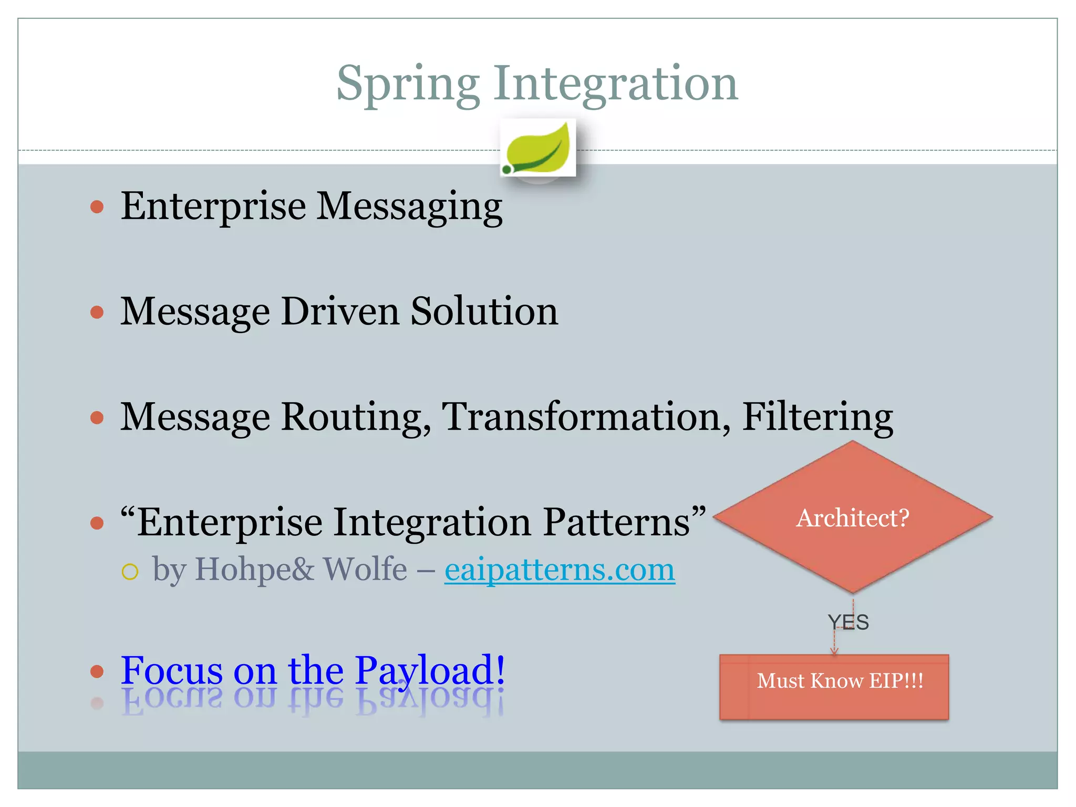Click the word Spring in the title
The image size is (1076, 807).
(x=408, y=84)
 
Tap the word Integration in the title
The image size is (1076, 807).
(x=615, y=84)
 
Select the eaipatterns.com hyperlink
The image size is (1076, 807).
(x=560, y=570)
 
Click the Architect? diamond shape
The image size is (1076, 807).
(x=852, y=518)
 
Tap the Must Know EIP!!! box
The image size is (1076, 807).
(x=834, y=686)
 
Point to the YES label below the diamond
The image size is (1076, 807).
(x=848, y=622)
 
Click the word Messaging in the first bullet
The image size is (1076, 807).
(x=410, y=206)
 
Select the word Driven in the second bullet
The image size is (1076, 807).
(x=339, y=312)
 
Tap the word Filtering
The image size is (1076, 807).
(x=818, y=417)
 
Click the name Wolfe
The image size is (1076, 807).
(x=365, y=569)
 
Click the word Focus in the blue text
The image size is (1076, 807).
(x=172, y=670)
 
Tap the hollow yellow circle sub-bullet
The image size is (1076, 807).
(x=130, y=572)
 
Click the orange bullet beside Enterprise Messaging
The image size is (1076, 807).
(x=97, y=206)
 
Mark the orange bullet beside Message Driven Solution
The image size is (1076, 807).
(x=97, y=312)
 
